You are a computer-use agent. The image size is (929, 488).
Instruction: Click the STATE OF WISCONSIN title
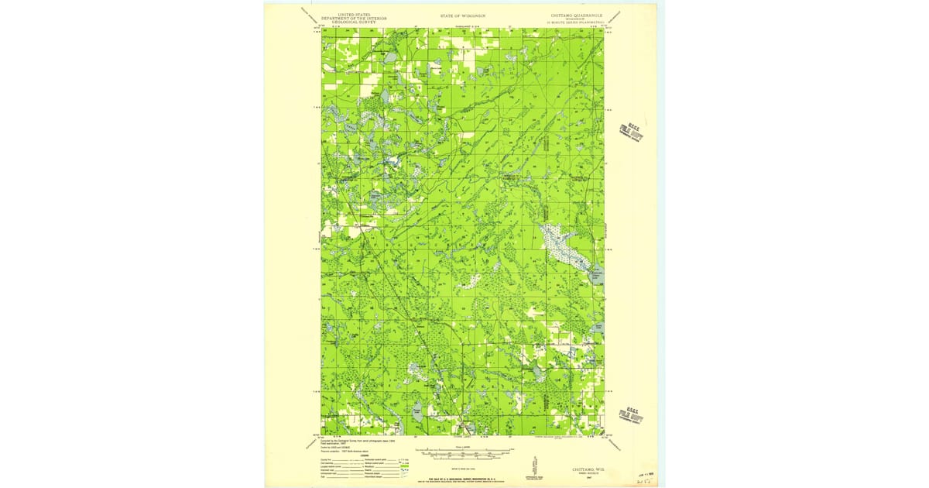(x=463, y=15)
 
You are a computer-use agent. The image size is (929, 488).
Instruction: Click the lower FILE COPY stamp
(x=632, y=416)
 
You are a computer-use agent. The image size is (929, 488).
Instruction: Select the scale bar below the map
(x=463, y=462)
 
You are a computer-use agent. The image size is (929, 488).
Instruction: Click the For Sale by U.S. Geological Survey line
(x=463, y=477)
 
